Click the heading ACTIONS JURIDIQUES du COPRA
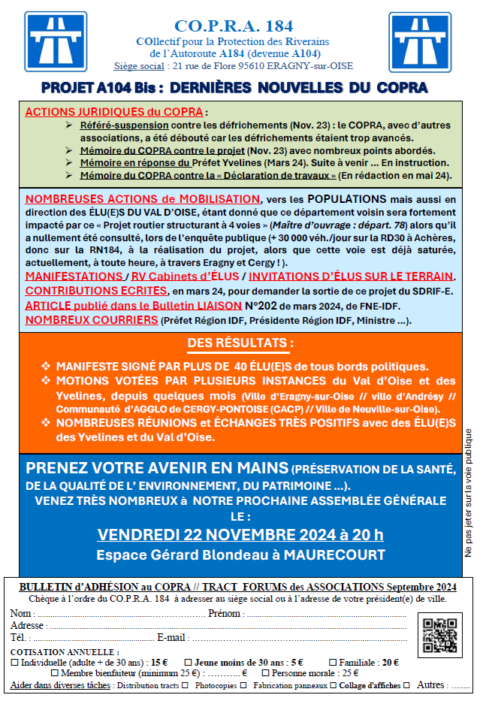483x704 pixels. tap(114, 112)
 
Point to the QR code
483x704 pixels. tap(439, 635)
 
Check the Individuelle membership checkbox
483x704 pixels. tap(15, 663)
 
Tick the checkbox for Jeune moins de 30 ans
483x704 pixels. tap(189, 663)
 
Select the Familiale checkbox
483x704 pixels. tap(333, 663)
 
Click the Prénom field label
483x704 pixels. tap(226, 614)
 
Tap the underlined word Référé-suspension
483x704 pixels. tap(124, 125)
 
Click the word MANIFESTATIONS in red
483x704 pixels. tap(73, 277)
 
